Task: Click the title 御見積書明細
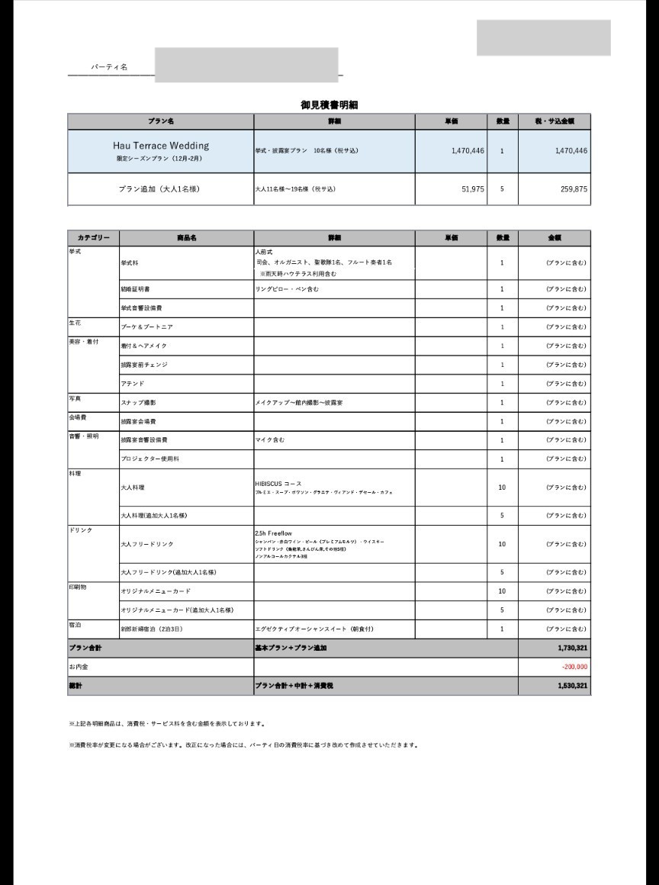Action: [329, 105]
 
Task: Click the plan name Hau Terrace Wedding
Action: [161, 145]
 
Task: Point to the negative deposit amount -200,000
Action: [574, 667]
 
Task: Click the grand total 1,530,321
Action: [572, 686]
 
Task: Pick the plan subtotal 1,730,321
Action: [572, 648]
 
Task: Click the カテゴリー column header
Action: [93, 238]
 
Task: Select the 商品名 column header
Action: [186, 238]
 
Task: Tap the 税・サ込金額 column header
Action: [555, 121]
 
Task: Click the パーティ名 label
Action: [109, 67]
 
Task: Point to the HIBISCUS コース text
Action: [278, 484]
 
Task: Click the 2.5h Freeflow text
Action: [274, 533]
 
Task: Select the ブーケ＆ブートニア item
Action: [146, 327]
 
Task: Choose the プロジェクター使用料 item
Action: [149, 459]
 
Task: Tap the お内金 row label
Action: [78, 667]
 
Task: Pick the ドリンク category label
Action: [80, 530]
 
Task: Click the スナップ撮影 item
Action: [139, 402]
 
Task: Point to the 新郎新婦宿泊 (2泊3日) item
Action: [152, 629]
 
